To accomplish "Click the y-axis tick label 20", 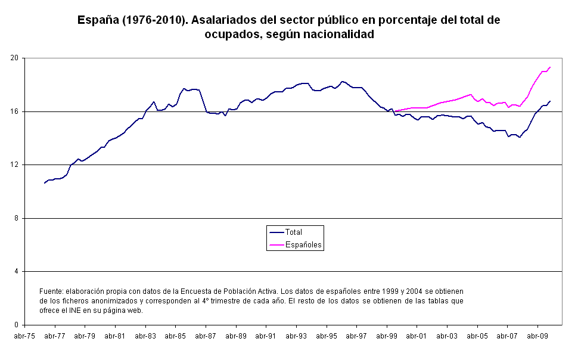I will (16, 58).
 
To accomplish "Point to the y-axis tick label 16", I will (16, 111).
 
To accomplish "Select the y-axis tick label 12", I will (16, 165).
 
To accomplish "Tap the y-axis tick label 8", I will (18, 218).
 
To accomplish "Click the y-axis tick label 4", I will (18, 271).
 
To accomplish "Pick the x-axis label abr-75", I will (24, 336).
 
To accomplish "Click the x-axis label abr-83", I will (145, 336).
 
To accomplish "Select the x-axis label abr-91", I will (266, 336).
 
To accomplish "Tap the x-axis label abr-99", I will (387, 336).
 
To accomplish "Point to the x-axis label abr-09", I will (537, 336).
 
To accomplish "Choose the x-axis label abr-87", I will (206, 336).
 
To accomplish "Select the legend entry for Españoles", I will (304, 244).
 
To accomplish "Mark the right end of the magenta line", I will (550, 67).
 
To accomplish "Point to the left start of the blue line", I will (44, 183).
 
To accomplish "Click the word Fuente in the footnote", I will (51, 291).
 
